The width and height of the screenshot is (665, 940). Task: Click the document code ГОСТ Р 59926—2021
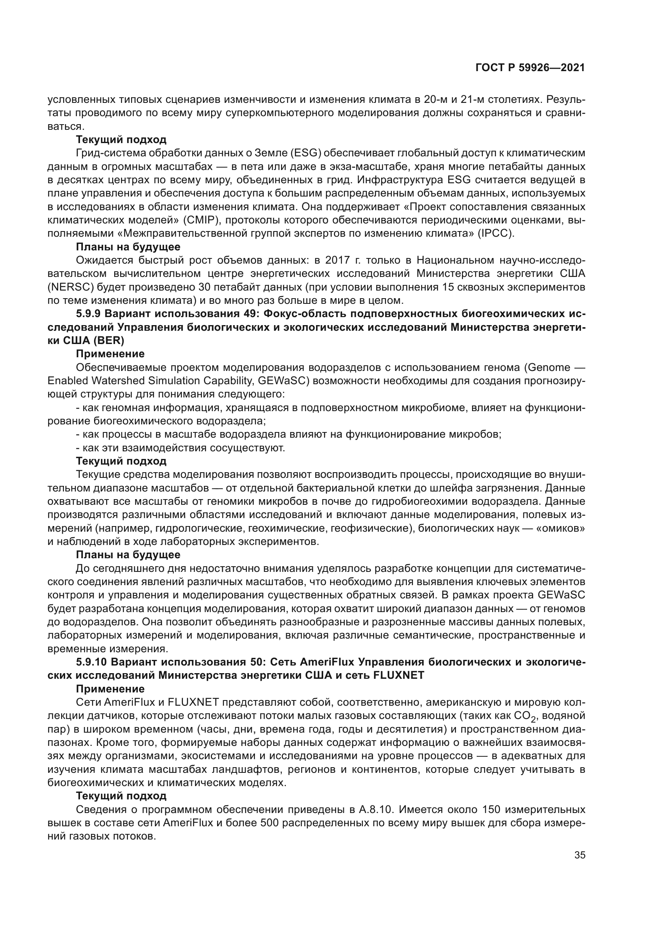click(x=530, y=68)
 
